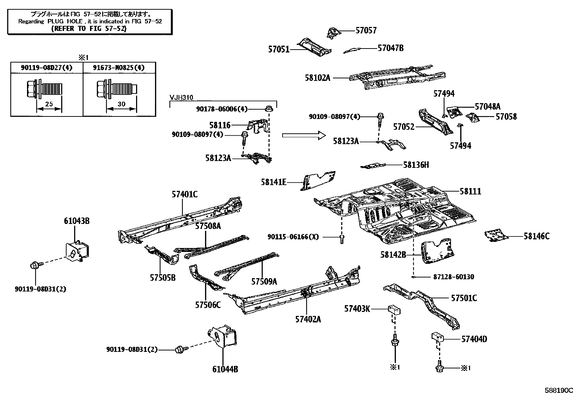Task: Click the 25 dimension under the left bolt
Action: click(x=49, y=104)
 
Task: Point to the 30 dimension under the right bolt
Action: click(x=121, y=104)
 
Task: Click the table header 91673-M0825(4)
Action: click(x=119, y=68)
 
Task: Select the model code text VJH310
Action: click(x=181, y=97)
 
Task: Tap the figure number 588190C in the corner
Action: click(x=558, y=390)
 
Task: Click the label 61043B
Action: click(x=77, y=221)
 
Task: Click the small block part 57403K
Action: click(x=394, y=309)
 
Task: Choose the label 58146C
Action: click(x=536, y=236)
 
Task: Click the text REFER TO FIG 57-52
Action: click(x=89, y=28)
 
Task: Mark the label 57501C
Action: click(x=464, y=298)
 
